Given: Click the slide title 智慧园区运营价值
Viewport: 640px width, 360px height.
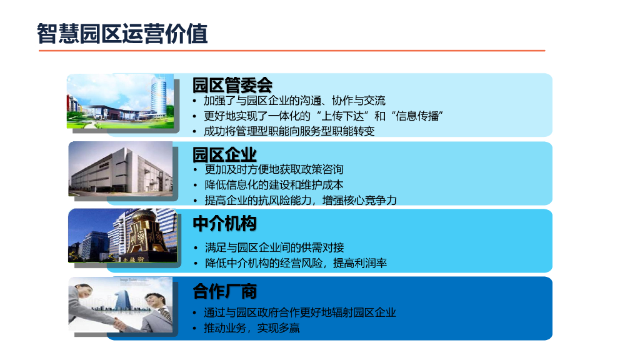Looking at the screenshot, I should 122,33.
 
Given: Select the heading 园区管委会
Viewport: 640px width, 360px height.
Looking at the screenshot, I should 232,84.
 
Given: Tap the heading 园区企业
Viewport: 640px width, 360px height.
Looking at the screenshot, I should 224,154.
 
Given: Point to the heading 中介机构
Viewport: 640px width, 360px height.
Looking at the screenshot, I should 224,223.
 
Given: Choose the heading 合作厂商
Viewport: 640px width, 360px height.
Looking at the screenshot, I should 224,291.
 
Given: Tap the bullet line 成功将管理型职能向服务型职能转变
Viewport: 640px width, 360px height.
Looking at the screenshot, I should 289,131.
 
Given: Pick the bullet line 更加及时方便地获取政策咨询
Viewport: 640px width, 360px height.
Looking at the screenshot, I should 274,169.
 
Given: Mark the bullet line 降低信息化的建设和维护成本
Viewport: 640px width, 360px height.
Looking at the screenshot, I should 274,185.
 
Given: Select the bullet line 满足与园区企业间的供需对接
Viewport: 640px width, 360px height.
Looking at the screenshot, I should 274,247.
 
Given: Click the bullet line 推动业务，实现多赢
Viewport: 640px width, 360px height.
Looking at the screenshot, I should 252,328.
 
